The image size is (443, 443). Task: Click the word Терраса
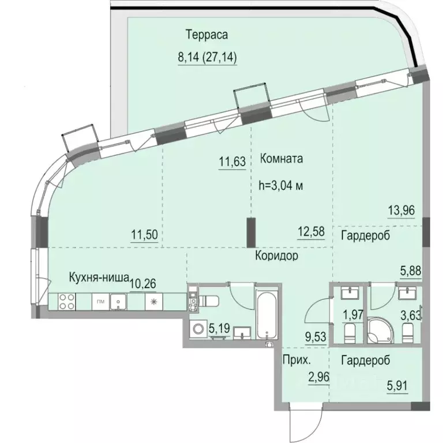click(x=207, y=35)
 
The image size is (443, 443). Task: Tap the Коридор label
click(x=276, y=256)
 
